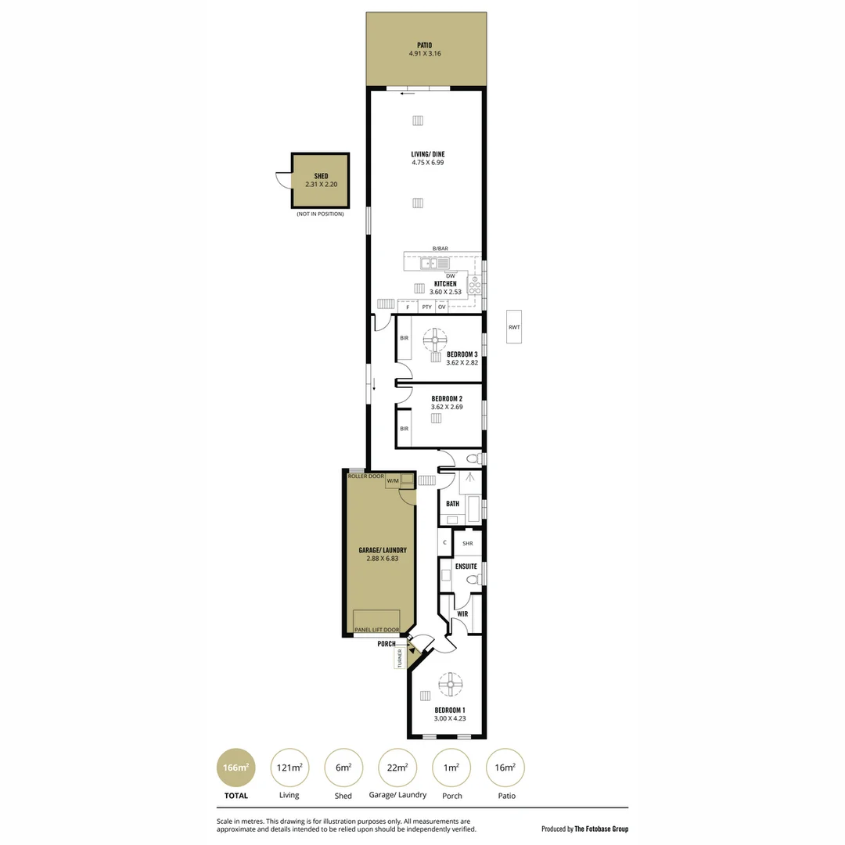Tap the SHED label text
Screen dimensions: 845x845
[321, 177]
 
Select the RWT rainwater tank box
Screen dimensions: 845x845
[514, 327]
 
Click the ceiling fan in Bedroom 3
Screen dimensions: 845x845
[435, 340]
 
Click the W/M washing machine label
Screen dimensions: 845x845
[392, 480]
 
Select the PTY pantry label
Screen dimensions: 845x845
[426, 307]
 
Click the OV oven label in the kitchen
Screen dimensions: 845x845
[442, 307]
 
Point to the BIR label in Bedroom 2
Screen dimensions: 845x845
[405, 429]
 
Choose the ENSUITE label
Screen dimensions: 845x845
[466, 566]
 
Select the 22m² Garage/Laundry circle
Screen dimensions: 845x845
[397, 768]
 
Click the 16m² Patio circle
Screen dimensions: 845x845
[505, 768]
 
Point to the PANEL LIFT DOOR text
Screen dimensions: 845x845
[376, 630]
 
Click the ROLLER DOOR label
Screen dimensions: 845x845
[366, 476]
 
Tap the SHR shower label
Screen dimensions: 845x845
[468, 543]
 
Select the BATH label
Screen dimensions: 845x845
[452, 504]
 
